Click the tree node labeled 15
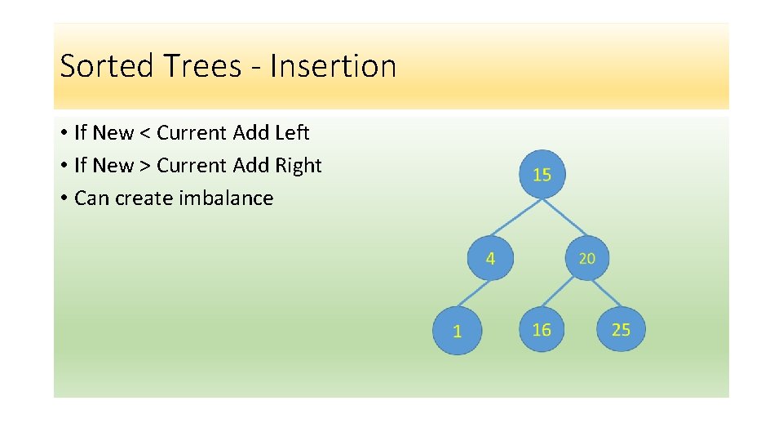(542, 174)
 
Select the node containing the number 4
(490, 258)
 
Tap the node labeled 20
(587, 258)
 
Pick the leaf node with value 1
(457, 331)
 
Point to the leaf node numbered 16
(542, 329)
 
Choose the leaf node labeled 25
(621, 329)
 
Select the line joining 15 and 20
(564, 216)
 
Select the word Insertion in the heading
(333, 65)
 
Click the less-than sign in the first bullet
(144, 133)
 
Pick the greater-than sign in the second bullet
(144, 166)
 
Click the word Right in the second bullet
(298, 166)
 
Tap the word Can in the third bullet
(91, 198)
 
